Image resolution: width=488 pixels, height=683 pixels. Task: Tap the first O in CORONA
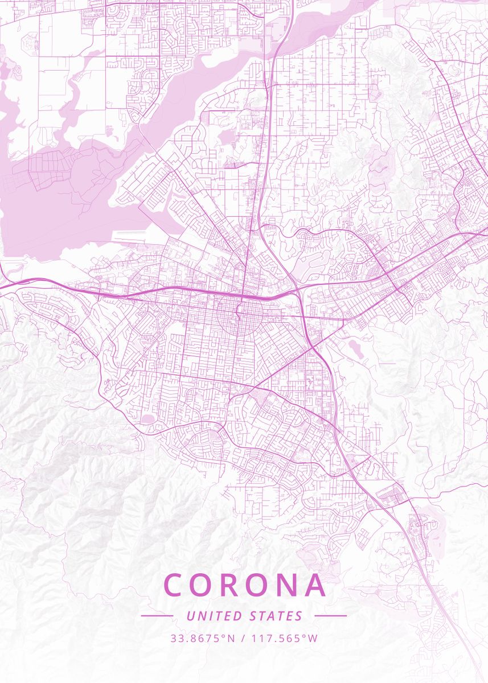[206, 585]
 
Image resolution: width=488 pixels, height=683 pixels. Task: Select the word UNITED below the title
[213, 616]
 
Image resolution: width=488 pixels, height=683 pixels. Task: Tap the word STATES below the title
[276, 616]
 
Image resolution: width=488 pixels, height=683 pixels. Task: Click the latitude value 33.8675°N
[202, 638]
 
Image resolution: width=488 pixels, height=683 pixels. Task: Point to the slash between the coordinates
[243, 638]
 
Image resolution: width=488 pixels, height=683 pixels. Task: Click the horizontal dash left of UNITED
[157, 616]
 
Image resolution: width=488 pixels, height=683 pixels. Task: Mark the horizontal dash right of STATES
[330, 616]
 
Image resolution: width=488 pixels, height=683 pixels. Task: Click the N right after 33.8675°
[231, 638]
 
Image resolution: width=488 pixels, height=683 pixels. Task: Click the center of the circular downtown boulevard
[240, 312]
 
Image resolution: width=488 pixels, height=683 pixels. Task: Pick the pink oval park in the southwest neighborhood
[147, 419]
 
